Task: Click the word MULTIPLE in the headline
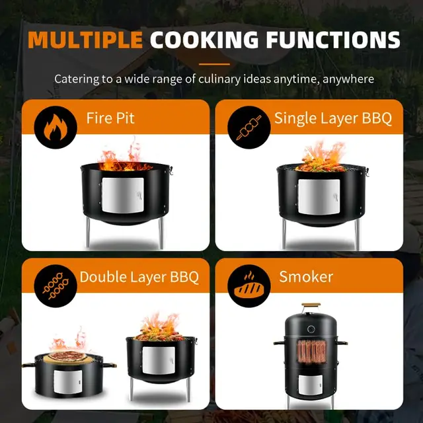click(x=85, y=40)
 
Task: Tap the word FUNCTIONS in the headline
click(x=333, y=40)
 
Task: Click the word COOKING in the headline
click(x=204, y=40)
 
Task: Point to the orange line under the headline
click(x=214, y=64)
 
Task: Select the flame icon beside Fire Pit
click(x=56, y=128)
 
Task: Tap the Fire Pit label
click(x=110, y=118)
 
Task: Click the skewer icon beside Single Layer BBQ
click(x=249, y=128)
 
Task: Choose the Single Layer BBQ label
click(x=333, y=118)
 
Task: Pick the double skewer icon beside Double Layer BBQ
click(x=56, y=286)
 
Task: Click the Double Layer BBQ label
click(x=139, y=277)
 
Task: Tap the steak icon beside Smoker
click(x=249, y=286)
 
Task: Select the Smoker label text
click(x=306, y=277)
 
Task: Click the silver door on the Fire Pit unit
click(x=123, y=196)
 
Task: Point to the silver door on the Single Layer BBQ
click(x=319, y=197)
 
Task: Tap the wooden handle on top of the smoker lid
click(x=311, y=305)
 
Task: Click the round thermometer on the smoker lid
click(x=311, y=329)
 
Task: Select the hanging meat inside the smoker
click(x=312, y=351)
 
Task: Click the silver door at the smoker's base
click(x=311, y=385)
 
